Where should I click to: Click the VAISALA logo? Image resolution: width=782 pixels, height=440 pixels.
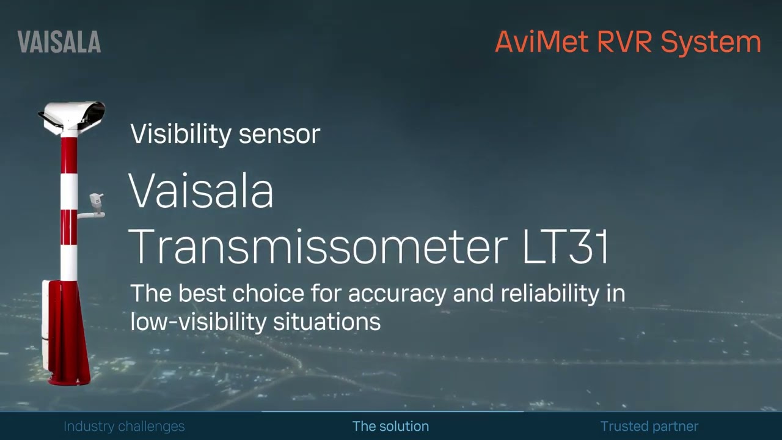tap(59, 42)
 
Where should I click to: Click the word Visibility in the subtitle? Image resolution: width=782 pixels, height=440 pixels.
tap(181, 134)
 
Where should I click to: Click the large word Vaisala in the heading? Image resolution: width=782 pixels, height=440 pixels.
tap(200, 191)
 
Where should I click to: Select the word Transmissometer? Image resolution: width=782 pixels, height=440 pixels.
tap(318, 247)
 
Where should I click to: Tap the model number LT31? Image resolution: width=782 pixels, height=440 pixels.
tap(566, 247)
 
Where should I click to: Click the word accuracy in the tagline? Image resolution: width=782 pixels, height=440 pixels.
tap(398, 294)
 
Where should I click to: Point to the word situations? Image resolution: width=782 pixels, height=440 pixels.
tap(327, 321)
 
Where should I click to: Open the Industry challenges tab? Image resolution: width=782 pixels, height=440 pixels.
tap(124, 427)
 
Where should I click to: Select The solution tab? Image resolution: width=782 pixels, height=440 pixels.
tap(390, 427)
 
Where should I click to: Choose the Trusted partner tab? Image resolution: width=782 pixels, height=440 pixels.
tap(649, 427)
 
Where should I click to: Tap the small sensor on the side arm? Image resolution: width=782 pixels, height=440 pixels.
tap(97, 202)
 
